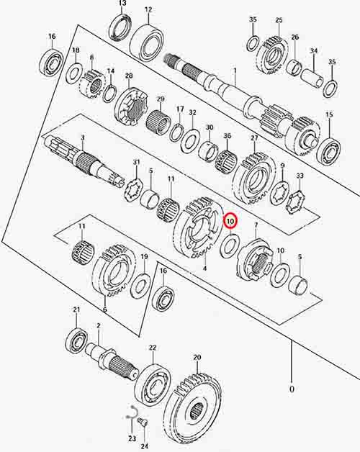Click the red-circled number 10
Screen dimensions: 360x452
click(x=230, y=222)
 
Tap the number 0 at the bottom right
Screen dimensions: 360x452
click(x=292, y=389)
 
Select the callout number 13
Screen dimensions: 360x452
click(x=122, y=4)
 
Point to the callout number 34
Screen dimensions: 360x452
click(x=314, y=51)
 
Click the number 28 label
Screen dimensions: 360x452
click(x=129, y=76)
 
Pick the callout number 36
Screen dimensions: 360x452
click(x=228, y=136)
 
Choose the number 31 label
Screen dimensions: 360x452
click(x=136, y=163)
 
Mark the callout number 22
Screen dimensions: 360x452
click(x=153, y=348)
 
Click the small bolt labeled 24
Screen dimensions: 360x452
click(x=143, y=424)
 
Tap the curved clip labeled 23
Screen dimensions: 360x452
click(x=132, y=413)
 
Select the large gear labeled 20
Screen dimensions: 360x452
click(x=195, y=410)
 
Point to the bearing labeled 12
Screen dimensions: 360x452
click(x=147, y=42)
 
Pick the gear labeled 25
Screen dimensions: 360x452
click(x=273, y=57)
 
